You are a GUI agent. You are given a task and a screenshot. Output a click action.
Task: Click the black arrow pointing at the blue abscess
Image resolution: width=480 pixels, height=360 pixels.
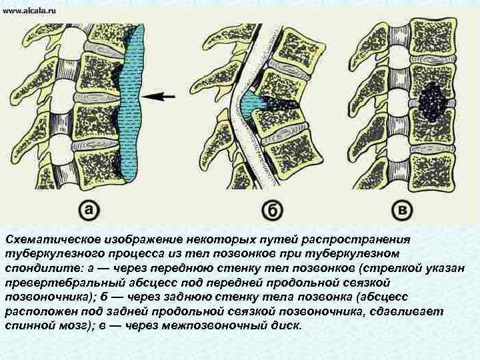point(159,97)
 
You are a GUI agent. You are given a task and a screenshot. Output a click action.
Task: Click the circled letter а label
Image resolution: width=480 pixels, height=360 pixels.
point(90,211)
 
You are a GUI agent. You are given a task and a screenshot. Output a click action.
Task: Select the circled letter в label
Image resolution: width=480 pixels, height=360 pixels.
point(401,211)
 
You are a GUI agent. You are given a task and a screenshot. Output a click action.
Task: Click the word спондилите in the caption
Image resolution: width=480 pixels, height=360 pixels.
point(43,269)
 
